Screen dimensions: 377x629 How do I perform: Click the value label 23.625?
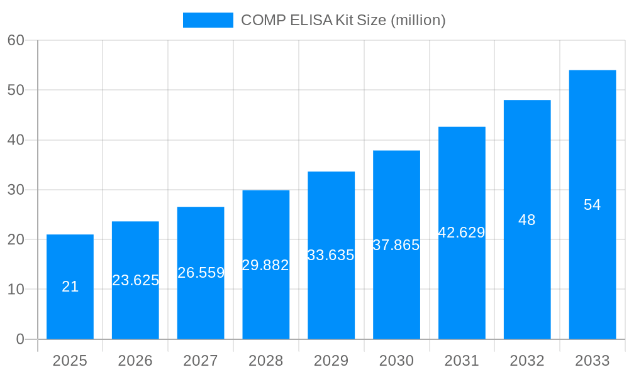(135, 280)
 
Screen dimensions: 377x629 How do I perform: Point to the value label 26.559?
(201, 273)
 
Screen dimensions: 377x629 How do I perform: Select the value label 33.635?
(331, 255)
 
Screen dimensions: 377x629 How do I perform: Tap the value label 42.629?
(462, 232)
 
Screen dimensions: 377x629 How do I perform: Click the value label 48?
(526, 220)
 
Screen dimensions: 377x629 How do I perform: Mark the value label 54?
(592, 205)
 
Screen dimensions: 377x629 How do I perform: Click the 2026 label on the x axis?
(135, 361)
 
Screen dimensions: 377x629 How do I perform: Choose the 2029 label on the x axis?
(331, 361)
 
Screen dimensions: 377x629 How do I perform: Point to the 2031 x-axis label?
(462, 361)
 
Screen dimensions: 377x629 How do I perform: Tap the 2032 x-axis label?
(526, 361)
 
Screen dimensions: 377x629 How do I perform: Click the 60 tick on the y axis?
(16, 40)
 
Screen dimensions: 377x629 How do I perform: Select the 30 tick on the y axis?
(16, 190)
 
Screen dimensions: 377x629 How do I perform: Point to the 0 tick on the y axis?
(19, 339)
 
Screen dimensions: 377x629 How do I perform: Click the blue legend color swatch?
(208, 20)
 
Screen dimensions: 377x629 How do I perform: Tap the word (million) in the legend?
(418, 20)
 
